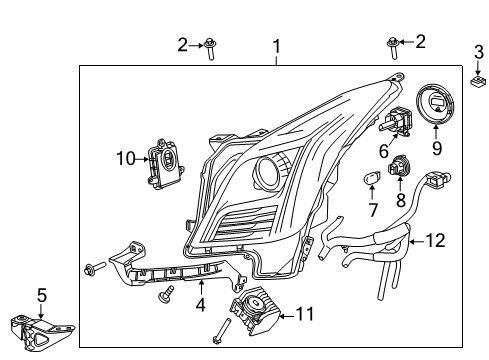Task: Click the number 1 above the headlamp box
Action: [277, 45]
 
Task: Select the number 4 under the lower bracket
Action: [199, 304]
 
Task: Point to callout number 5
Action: [40, 295]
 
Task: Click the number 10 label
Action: [125, 157]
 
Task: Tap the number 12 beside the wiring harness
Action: [461, 240]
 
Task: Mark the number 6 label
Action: [383, 151]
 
